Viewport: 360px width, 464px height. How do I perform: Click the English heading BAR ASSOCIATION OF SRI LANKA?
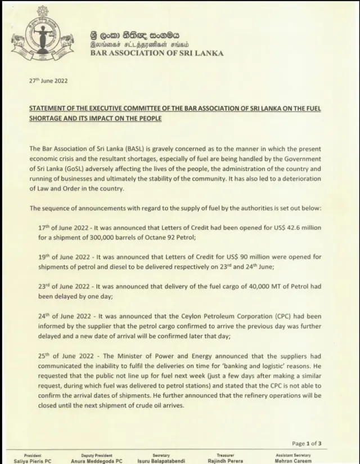click(x=157, y=53)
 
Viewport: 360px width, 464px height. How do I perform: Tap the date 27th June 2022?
click(x=48, y=81)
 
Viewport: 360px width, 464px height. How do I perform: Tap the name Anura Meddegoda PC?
click(x=96, y=461)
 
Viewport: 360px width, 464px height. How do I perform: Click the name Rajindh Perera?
click(x=225, y=461)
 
